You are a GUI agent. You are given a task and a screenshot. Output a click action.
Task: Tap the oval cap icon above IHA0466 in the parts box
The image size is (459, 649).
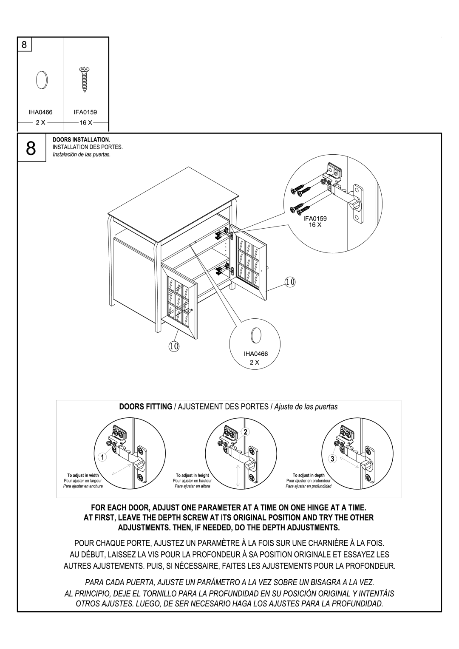point(41,79)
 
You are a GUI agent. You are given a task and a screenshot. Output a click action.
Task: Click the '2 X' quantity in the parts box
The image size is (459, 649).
point(41,122)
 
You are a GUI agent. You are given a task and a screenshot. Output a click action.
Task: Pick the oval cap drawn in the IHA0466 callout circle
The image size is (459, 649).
point(255,335)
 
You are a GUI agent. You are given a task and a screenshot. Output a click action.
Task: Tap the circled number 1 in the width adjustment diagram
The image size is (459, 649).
point(102,458)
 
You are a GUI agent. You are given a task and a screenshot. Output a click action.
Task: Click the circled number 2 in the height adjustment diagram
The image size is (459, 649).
point(245,431)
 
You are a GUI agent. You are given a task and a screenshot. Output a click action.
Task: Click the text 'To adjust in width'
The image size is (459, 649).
point(83,475)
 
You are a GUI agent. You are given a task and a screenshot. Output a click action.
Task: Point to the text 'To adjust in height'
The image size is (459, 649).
point(193,475)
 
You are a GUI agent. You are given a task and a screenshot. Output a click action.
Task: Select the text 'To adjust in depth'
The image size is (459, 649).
point(309,475)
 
